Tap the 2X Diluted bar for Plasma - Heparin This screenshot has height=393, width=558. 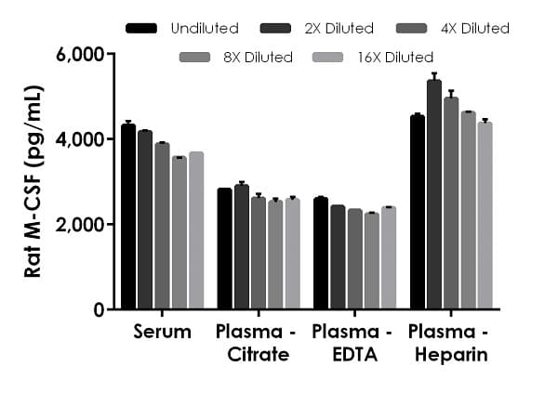(x=433, y=195)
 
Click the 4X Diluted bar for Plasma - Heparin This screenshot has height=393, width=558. (x=451, y=203)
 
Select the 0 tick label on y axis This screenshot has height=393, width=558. (x=99, y=309)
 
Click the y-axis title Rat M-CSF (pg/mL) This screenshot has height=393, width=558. (x=33, y=181)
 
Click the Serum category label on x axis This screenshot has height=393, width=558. (x=162, y=332)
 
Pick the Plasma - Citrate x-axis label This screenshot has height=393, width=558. (x=259, y=343)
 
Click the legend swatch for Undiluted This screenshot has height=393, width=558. (x=140, y=28)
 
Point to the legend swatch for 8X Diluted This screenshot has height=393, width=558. (x=195, y=58)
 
